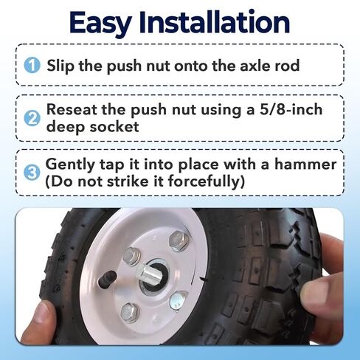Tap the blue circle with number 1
point(32,65)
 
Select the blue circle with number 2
point(32,118)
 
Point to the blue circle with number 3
point(32,173)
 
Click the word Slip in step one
point(60,66)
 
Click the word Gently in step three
point(70,165)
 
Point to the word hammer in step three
point(305,164)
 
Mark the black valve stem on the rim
point(107,279)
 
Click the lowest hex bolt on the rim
point(130,312)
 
